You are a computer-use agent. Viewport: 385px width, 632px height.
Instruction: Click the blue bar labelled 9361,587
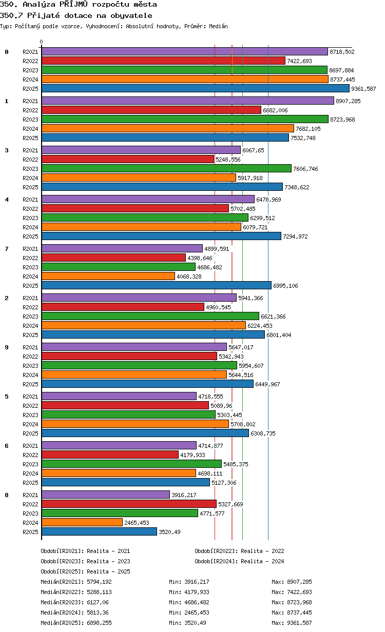pos(195,89)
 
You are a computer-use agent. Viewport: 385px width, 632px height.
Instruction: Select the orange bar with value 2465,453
pos(82,523)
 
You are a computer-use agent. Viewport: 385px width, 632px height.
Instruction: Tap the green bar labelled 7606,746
pos(166,168)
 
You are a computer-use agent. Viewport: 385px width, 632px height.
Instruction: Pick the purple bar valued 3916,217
pos(106,495)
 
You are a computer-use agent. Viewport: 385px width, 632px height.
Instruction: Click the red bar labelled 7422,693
pos(163,61)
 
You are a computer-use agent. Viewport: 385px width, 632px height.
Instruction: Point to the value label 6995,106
pos(285,286)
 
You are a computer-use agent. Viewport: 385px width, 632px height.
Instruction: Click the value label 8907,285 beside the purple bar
pos(348,101)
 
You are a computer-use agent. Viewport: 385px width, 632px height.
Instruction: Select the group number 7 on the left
pos(7,249)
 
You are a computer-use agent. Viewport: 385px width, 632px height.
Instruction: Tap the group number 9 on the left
pos(7,347)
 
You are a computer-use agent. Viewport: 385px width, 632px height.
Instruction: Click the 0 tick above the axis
pos(42,42)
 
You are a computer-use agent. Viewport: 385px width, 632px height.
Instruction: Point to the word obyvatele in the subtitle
pos(131,15)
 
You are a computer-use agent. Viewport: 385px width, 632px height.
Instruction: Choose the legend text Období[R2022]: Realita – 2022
pos(239,551)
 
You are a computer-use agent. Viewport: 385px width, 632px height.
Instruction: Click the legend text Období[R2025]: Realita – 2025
pos(86,571)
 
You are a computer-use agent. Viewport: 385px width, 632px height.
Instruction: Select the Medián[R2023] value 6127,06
pos(98,602)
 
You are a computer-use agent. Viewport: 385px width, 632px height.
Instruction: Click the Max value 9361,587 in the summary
pos(299,623)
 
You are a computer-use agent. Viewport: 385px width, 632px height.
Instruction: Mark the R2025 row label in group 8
pos(30,532)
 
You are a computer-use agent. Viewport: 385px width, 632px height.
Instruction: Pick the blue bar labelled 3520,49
pos(99,532)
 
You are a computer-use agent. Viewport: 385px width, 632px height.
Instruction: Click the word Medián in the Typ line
pos(218,26)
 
